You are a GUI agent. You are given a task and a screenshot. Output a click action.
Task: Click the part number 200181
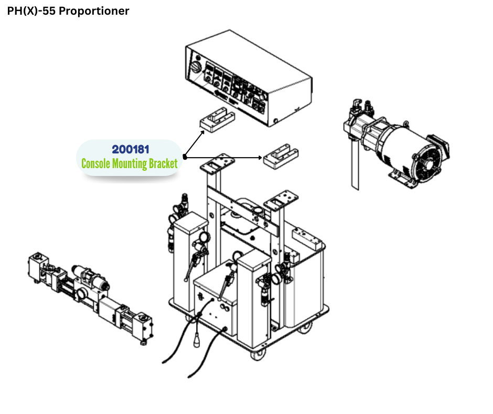(x=130, y=150)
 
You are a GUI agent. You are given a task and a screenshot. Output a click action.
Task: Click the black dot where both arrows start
(x=185, y=157)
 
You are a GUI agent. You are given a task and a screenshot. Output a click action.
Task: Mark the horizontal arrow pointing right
(x=223, y=157)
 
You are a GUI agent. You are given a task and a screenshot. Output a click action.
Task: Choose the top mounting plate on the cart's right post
(x=278, y=200)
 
